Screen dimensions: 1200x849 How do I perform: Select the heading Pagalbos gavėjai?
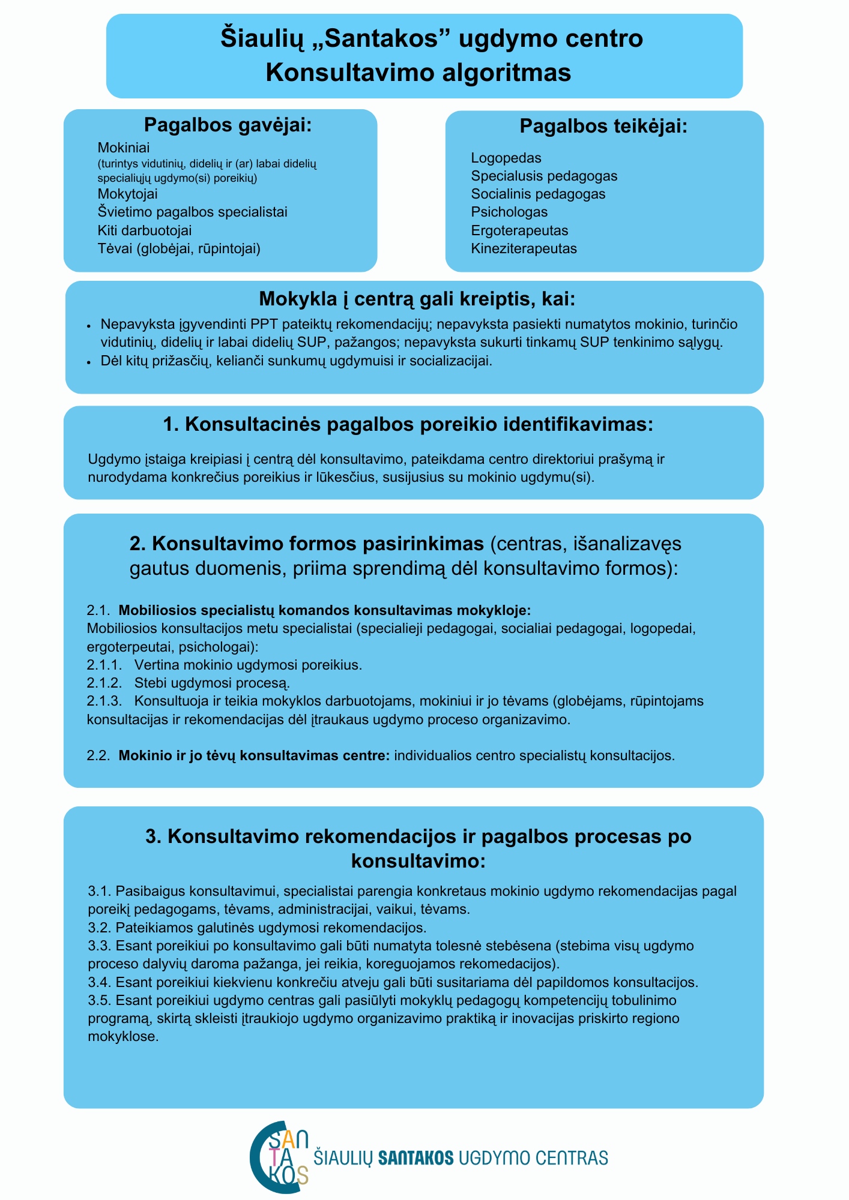(228, 125)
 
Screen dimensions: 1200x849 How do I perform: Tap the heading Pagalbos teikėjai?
(603, 127)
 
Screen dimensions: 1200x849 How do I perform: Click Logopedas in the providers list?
(506, 158)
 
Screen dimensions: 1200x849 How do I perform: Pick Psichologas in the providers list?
(509, 212)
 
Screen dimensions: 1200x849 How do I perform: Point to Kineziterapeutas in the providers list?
(524, 249)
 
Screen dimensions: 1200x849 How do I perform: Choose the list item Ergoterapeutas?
(519, 231)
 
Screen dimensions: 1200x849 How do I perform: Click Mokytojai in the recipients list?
(127, 194)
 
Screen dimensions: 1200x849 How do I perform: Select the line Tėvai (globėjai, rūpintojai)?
(179, 249)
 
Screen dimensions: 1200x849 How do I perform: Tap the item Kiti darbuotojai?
(145, 231)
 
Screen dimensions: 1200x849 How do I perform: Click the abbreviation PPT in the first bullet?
(264, 325)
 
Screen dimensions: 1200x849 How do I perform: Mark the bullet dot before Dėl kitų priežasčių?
(89, 362)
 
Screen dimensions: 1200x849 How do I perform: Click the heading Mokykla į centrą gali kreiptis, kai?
(417, 299)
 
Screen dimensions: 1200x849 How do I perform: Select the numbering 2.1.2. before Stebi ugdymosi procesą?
(104, 683)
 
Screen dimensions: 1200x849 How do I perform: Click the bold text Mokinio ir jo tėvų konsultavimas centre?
(255, 756)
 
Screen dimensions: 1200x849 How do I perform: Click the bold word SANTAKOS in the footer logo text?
(415, 1157)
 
